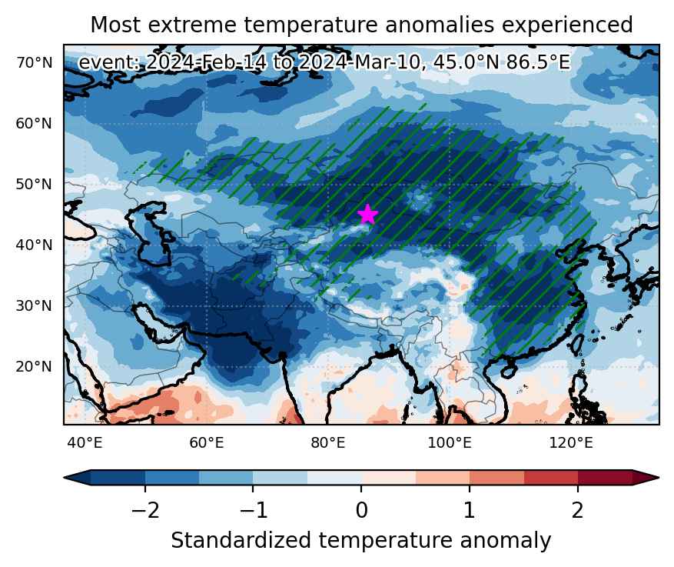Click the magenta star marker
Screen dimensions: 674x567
pyautogui.click(x=367, y=215)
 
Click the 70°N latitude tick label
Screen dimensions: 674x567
pyautogui.click(x=35, y=63)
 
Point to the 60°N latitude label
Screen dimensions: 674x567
pyautogui.click(x=34, y=123)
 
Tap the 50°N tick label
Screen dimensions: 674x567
pyautogui.click(x=34, y=184)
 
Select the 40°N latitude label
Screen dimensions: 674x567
pyautogui.click(x=34, y=245)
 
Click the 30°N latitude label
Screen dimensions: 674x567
pyautogui.click(x=34, y=306)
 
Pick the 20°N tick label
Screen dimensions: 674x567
pyautogui.click(x=34, y=366)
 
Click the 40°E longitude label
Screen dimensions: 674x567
pyautogui.click(x=85, y=442)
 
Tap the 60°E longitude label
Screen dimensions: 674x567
pyautogui.click(x=207, y=442)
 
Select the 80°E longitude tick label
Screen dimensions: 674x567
pyautogui.click(x=328, y=442)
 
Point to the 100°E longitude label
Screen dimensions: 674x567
pyautogui.click(x=450, y=442)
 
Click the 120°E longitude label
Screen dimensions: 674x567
pyautogui.click(x=571, y=442)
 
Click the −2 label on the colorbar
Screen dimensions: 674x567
pyautogui.click(x=145, y=510)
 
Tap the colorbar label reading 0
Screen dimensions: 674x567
pyautogui.click(x=361, y=510)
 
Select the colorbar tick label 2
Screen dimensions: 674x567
pyautogui.click(x=577, y=510)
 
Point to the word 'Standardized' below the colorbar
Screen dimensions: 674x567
pyautogui.click(x=241, y=541)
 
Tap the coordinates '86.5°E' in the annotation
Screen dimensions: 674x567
pyautogui.click(x=538, y=63)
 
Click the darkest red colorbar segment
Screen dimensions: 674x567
pyautogui.click(x=605, y=478)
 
